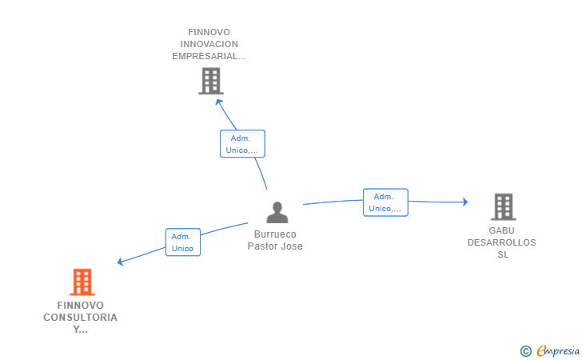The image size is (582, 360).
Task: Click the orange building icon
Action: pyautogui.click(x=82, y=282)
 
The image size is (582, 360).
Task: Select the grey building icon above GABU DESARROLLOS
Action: pyautogui.click(x=504, y=207)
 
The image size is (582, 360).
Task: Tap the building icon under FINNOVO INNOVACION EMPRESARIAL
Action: pyautogui.click(x=211, y=81)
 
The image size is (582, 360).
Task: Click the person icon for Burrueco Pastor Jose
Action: pyautogui.click(x=277, y=213)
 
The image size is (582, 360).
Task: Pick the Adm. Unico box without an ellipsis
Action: pyautogui.click(x=183, y=242)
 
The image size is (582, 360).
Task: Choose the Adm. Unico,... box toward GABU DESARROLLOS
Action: pyautogui.click(x=385, y=202)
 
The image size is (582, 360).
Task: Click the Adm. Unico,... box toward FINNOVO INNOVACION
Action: pyautogui.click(x=242, y=144)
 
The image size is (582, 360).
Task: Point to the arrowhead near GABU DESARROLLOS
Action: pyautogui.click(x=465, y=202)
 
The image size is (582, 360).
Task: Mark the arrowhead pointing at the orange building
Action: pyautogui.click(x=120, y=262)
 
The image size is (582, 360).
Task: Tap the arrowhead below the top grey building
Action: pyautogui.click(x=218, y=102)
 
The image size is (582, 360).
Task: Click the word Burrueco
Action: pyautogui.click(x=275, y=234)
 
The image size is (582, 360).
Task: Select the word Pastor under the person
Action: pyautogui.click(x=262, y=246)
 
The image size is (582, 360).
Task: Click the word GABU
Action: pyautogui.click(x=501, y=230)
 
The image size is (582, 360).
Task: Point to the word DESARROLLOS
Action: pyautogui.click(x=501, y=242)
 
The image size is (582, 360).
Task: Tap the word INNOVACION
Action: pyautogui.click(x=209, y=44)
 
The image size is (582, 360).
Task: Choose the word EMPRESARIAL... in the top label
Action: pyautogui.click(x=209, y=56)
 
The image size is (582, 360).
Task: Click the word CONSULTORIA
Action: pyautogui.click(x=80, y=318)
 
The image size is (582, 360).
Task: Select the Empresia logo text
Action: pyautogui.click(x=558, y=350)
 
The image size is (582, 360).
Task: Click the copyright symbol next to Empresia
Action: pyautogui.click(x=526, y=351)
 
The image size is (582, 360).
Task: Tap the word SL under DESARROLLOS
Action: pyautogui.click(x=503, y=254)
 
